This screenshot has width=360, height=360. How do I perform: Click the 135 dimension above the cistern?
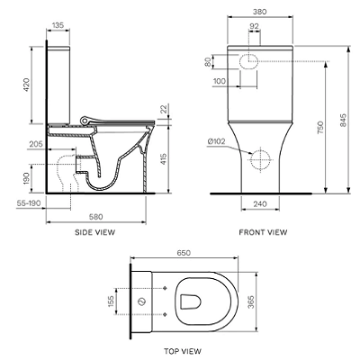(x=58, y=25)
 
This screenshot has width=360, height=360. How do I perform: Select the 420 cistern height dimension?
(x=27, y=85)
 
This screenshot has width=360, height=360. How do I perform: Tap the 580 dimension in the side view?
(x=96, y=217)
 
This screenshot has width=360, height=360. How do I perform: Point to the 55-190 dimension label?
(x=29, y=203)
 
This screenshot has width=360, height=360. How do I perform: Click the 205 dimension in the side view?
(x=36, y=145)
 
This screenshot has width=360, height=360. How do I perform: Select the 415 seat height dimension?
(x=164, y=159)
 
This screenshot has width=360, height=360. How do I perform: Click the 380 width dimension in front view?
(x=260, y=12)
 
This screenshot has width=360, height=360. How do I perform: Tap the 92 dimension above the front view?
(x=254, y=26)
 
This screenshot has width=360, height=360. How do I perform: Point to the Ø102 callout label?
(x=216, y=141)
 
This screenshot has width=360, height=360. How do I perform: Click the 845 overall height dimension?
(x=343, y=120)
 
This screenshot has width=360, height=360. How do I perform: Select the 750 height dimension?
(x=320, y=128)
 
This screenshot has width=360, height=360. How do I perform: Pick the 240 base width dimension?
(x=260, y=204)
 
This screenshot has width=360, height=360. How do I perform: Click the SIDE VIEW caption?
(x=94, y=232)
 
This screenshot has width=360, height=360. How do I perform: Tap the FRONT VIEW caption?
(x=263, y=232)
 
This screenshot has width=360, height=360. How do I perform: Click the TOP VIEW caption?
(x=183, y=351)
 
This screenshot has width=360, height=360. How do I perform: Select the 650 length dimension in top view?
(x=184, y=253)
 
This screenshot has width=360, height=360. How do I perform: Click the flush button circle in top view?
(x=141, y=301)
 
